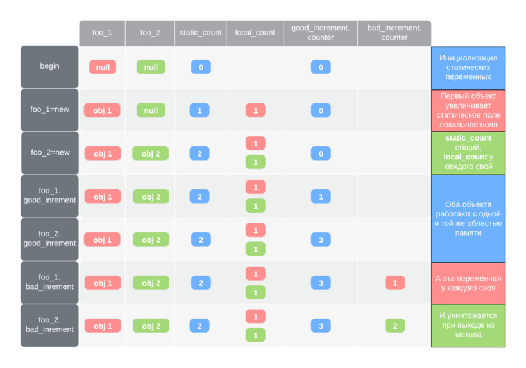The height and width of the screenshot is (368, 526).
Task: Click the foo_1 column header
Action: [x=102, y=33]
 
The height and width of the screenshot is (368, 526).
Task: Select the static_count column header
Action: [x=200, y=33]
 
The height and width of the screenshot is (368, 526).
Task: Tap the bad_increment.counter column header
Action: [x=394, y=33]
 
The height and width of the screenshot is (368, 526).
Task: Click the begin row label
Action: [x=49, y=66]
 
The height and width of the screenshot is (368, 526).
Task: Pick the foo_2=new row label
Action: [x=49, y=153]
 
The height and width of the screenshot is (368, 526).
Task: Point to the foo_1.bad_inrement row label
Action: [x=49, y=282]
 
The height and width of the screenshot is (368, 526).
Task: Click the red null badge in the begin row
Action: [x=103, y=67]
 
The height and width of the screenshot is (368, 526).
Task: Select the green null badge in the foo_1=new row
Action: [x=151, y=110]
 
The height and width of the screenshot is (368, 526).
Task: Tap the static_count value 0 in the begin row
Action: [x=200, y=67]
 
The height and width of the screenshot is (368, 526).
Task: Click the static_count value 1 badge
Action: [x=199, y=110]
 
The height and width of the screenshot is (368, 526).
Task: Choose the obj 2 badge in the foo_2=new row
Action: [x=151, y=153]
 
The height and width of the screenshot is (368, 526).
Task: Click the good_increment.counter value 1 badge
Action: [x=321, y=197]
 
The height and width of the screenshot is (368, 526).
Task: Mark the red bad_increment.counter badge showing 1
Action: [x=394, y=283]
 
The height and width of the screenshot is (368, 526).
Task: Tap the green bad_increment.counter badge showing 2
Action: [x=394, y=326]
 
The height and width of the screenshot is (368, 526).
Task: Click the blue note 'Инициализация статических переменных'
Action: [x=468, y=67]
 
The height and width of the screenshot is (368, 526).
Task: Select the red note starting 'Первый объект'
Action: [x=468, y=110]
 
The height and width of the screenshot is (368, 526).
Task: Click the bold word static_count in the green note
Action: [x=468, y=138]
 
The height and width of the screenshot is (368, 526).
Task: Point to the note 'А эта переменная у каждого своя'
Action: [x=468, y=283]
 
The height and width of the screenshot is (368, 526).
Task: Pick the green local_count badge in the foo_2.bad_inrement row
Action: [x=255, y=335]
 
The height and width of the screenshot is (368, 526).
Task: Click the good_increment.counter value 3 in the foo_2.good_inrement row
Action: [x=321, y=240]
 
